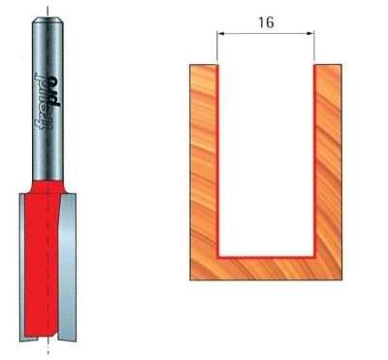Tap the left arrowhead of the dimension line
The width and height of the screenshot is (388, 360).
pos(220,34)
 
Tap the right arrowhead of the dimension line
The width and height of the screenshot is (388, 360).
pos(310,34)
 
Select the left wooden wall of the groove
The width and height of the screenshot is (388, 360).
pos(202,155)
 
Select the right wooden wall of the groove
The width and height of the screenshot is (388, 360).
pos(328,155)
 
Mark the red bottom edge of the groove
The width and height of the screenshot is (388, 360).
pos(265,253)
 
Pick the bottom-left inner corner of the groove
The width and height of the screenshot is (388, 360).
pos(218,252)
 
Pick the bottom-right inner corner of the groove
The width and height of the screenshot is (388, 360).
pos(312,252)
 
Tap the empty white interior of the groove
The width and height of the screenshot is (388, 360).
pos(265,155)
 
